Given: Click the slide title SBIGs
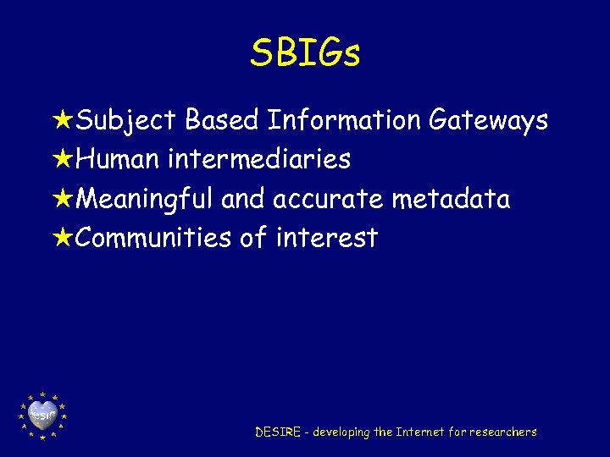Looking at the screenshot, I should pos(305,53).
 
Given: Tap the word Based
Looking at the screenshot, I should pos(221,121).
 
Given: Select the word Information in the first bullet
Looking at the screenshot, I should pos(344,121).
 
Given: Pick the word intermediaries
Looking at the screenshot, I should pos(260,159).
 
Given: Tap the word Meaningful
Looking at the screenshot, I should pos(146,200).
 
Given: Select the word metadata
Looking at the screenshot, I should pos(451,200).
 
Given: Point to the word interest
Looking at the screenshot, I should pos(327,238).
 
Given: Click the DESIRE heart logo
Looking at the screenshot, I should pos(42,416).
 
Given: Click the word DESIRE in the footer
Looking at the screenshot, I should pos(278,432).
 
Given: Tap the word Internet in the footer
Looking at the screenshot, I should pos(421,432).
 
